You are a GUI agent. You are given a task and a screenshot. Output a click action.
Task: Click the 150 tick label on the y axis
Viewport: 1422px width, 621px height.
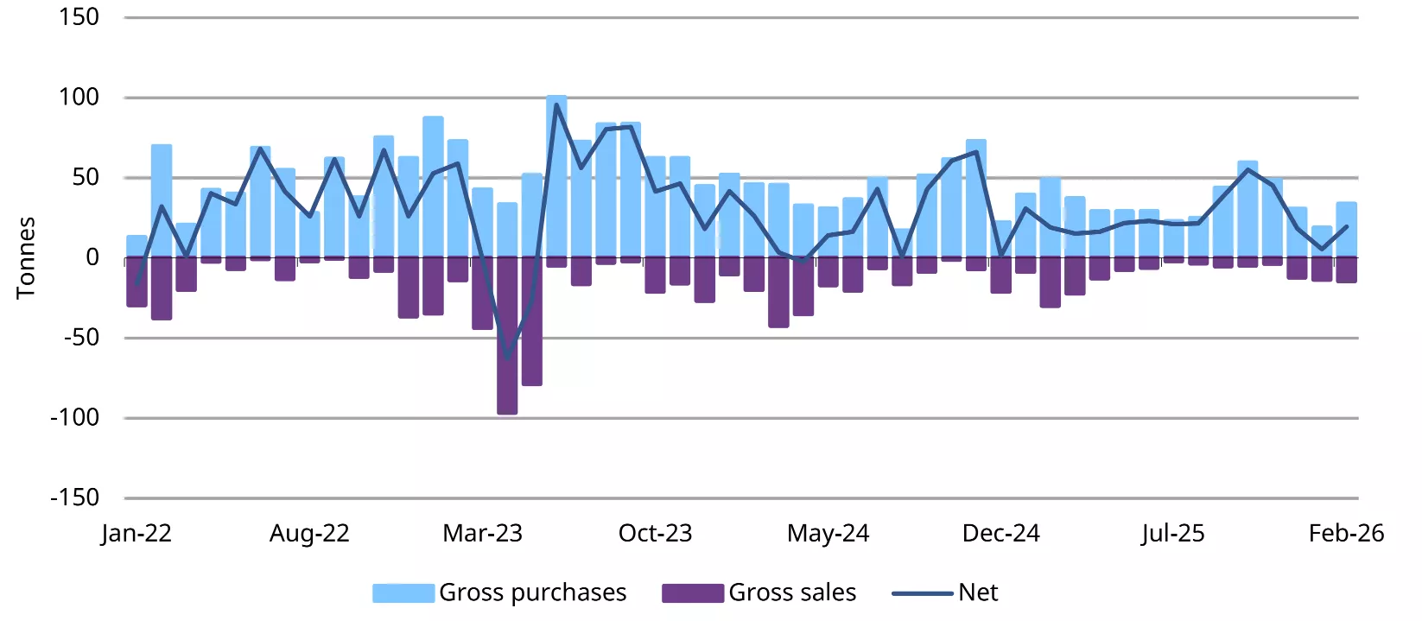(x=79, y=17)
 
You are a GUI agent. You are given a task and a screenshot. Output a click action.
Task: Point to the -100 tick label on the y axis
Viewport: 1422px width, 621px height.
(x=74, y=418)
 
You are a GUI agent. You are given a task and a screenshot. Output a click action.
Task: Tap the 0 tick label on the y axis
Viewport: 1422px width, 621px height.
(x=92, y=257)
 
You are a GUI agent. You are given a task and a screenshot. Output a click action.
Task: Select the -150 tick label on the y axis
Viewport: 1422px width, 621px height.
(x=74, y=497)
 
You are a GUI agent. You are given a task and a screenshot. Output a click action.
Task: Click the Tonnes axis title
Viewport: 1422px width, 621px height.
(x=26, y=257)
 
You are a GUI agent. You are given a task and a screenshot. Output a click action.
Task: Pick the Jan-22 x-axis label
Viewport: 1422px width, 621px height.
(x=136, y=533)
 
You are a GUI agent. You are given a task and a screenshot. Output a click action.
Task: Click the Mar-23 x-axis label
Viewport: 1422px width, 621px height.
(x=482, y=533)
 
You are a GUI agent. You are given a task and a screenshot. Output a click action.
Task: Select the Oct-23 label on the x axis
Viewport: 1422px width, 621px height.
(x=655, y=533)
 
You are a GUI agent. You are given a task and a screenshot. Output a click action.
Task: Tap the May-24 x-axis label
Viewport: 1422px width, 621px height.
(x=828, y=533)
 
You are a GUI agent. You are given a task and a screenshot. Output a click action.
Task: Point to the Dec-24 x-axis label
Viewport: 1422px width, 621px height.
(x=1000, y=533)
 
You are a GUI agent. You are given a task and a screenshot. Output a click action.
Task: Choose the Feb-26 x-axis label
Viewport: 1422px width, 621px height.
(x=1346, y=533)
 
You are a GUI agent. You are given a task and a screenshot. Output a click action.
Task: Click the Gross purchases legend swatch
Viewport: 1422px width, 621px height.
(x=403, y=592)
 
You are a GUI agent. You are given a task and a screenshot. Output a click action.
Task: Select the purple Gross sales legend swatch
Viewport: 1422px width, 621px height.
(x=692, y=592)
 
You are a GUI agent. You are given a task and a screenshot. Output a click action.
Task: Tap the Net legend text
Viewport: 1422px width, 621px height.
(x=978, y=592)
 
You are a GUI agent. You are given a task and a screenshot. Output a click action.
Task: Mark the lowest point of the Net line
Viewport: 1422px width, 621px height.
(x=507, y=356)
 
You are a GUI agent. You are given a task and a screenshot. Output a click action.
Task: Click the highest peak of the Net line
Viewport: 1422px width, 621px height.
(x=556, y=105)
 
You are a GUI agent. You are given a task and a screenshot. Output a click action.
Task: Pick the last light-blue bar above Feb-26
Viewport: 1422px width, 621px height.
(x=1346, y=230)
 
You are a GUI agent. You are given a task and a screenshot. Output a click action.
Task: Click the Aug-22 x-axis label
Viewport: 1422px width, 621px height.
(x=309, y=533)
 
